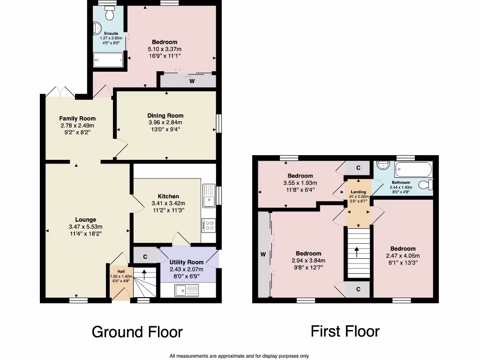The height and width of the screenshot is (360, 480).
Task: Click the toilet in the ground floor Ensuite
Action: pyautogui.click(x=111, y=15)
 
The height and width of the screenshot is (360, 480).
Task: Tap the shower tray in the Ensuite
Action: pyautogui.click(x=108, y=60)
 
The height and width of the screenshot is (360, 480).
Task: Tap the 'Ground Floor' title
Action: pyautogui.click(x=137, y=332)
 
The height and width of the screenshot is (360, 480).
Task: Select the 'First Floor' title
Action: pyautogui.click(x=345, y=331)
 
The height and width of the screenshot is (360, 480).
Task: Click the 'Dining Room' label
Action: pyautogui.click(x=165, y=116)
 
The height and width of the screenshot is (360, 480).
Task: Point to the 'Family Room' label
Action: pyautogui.click(x=77, y=119)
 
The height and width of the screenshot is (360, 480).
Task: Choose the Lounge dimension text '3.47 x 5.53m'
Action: pyautogui.click(x=86, y=226)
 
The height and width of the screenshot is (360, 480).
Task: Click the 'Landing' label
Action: pyautogui.click(x=359, y=192)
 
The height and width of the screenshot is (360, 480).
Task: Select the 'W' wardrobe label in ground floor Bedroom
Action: pyautogui.click(x=192, y=81)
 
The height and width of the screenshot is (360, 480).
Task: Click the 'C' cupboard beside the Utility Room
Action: pyautogui.click(x=145, y=257)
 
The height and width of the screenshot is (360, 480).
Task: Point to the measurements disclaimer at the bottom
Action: pyautogui.click(x=239, y=356)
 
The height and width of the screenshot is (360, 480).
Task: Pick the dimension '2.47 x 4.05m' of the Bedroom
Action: pyautogui.click(x=403, y=256)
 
